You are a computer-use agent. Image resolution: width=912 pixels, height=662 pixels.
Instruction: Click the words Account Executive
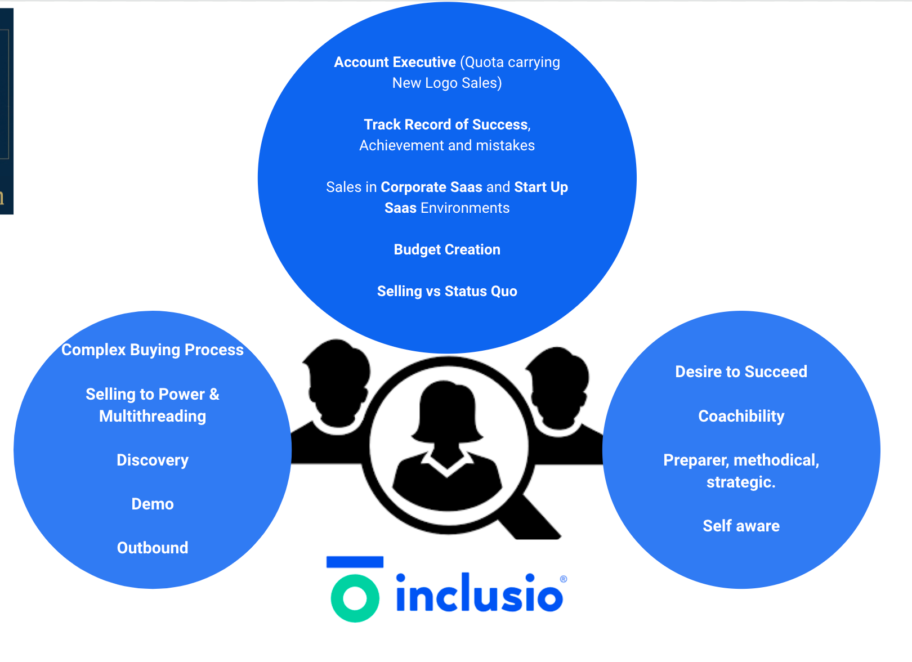click(395, 62)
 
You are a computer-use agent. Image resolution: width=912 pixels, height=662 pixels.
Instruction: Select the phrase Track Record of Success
click(446, 124)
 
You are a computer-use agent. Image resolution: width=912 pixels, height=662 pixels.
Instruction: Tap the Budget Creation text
click(447, 249)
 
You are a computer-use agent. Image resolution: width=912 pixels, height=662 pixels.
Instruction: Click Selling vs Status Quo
click(447, 291)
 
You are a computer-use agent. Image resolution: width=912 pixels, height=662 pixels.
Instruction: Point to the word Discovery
click(153, 460)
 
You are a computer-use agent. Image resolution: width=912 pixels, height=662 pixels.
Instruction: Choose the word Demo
click(153, 504)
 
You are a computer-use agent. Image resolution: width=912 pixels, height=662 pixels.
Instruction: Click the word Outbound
click(153, 548)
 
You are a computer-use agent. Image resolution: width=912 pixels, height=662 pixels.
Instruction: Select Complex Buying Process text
click(153, 350)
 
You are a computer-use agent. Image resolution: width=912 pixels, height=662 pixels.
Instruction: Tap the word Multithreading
click(153, 416)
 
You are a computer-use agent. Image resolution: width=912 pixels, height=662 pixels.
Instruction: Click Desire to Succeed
click(741, 372)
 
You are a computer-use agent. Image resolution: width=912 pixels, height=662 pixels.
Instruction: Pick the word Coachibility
click(741, 416)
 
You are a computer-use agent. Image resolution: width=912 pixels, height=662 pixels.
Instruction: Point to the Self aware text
click(741, 526)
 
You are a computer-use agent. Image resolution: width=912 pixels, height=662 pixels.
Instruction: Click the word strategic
click(741, 482)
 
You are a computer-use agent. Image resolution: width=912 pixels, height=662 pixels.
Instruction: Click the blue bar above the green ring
click(355, 562)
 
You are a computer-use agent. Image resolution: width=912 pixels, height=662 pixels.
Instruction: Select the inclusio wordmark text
click(479, 594)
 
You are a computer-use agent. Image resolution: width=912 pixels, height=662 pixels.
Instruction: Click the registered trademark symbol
click(564, 579)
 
